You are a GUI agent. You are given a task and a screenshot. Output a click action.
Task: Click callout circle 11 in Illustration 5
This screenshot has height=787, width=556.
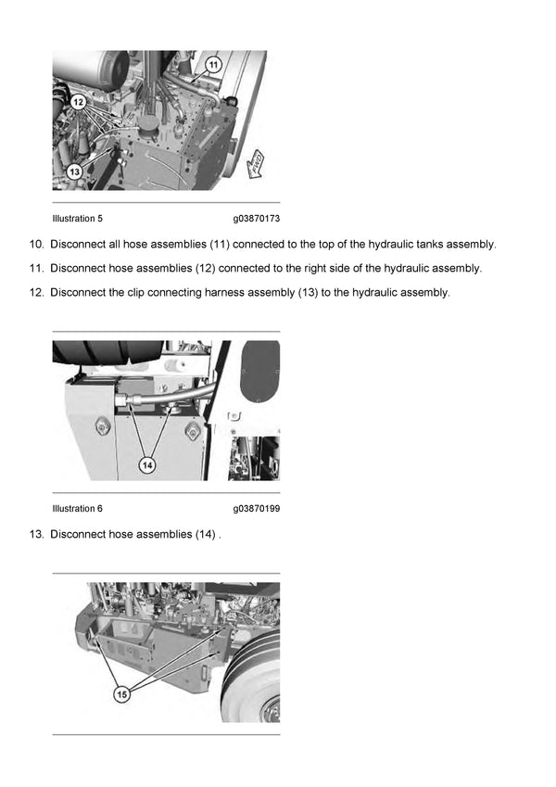point(214,65)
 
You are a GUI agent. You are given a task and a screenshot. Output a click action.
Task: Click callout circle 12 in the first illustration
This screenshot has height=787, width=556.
point(79,102)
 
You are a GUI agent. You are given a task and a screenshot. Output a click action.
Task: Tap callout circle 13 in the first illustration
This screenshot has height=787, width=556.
point(75,171)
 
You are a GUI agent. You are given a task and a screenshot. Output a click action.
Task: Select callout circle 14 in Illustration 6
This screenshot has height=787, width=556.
point(146,465)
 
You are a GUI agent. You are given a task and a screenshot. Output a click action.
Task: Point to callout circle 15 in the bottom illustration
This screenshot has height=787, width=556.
point(120,693)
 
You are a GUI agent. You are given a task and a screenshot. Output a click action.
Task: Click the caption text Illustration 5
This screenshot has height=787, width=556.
point(77,219)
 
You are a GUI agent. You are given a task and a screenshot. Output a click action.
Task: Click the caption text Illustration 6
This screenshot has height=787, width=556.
point(77,509)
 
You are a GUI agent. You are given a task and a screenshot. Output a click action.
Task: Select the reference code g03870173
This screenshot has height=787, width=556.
point(257,219)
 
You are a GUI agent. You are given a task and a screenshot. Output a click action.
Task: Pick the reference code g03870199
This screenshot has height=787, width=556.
point(257,509)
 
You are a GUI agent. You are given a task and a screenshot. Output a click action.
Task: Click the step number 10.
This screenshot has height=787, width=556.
point(36,245)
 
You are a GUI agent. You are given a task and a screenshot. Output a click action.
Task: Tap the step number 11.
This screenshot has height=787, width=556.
point(36,269)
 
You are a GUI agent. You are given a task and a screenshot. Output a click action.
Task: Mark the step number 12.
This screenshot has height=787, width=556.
point(36,293)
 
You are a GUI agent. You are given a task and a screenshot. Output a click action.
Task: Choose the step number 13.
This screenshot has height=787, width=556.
point(36,535)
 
